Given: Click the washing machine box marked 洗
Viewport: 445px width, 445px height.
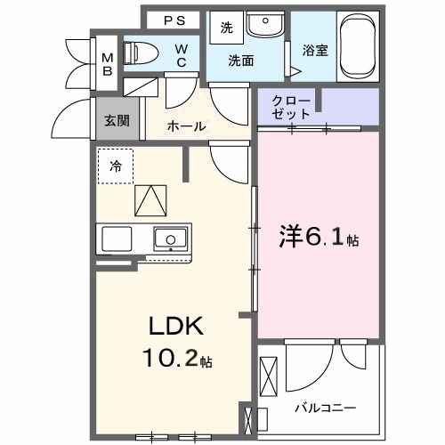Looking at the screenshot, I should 227,28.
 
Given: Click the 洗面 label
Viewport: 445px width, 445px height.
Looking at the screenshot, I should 239,61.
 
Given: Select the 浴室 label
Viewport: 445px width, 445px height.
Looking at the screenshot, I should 315,51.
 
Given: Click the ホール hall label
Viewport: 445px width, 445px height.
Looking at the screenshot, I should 187,126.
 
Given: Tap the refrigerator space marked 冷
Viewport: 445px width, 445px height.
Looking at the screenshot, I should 116,166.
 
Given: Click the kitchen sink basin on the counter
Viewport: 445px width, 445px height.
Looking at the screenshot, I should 169,238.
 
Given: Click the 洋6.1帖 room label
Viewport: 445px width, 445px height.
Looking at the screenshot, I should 315,237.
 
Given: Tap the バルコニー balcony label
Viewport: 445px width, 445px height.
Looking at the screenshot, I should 326,408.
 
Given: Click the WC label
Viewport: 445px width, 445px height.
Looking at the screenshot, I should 181,55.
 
